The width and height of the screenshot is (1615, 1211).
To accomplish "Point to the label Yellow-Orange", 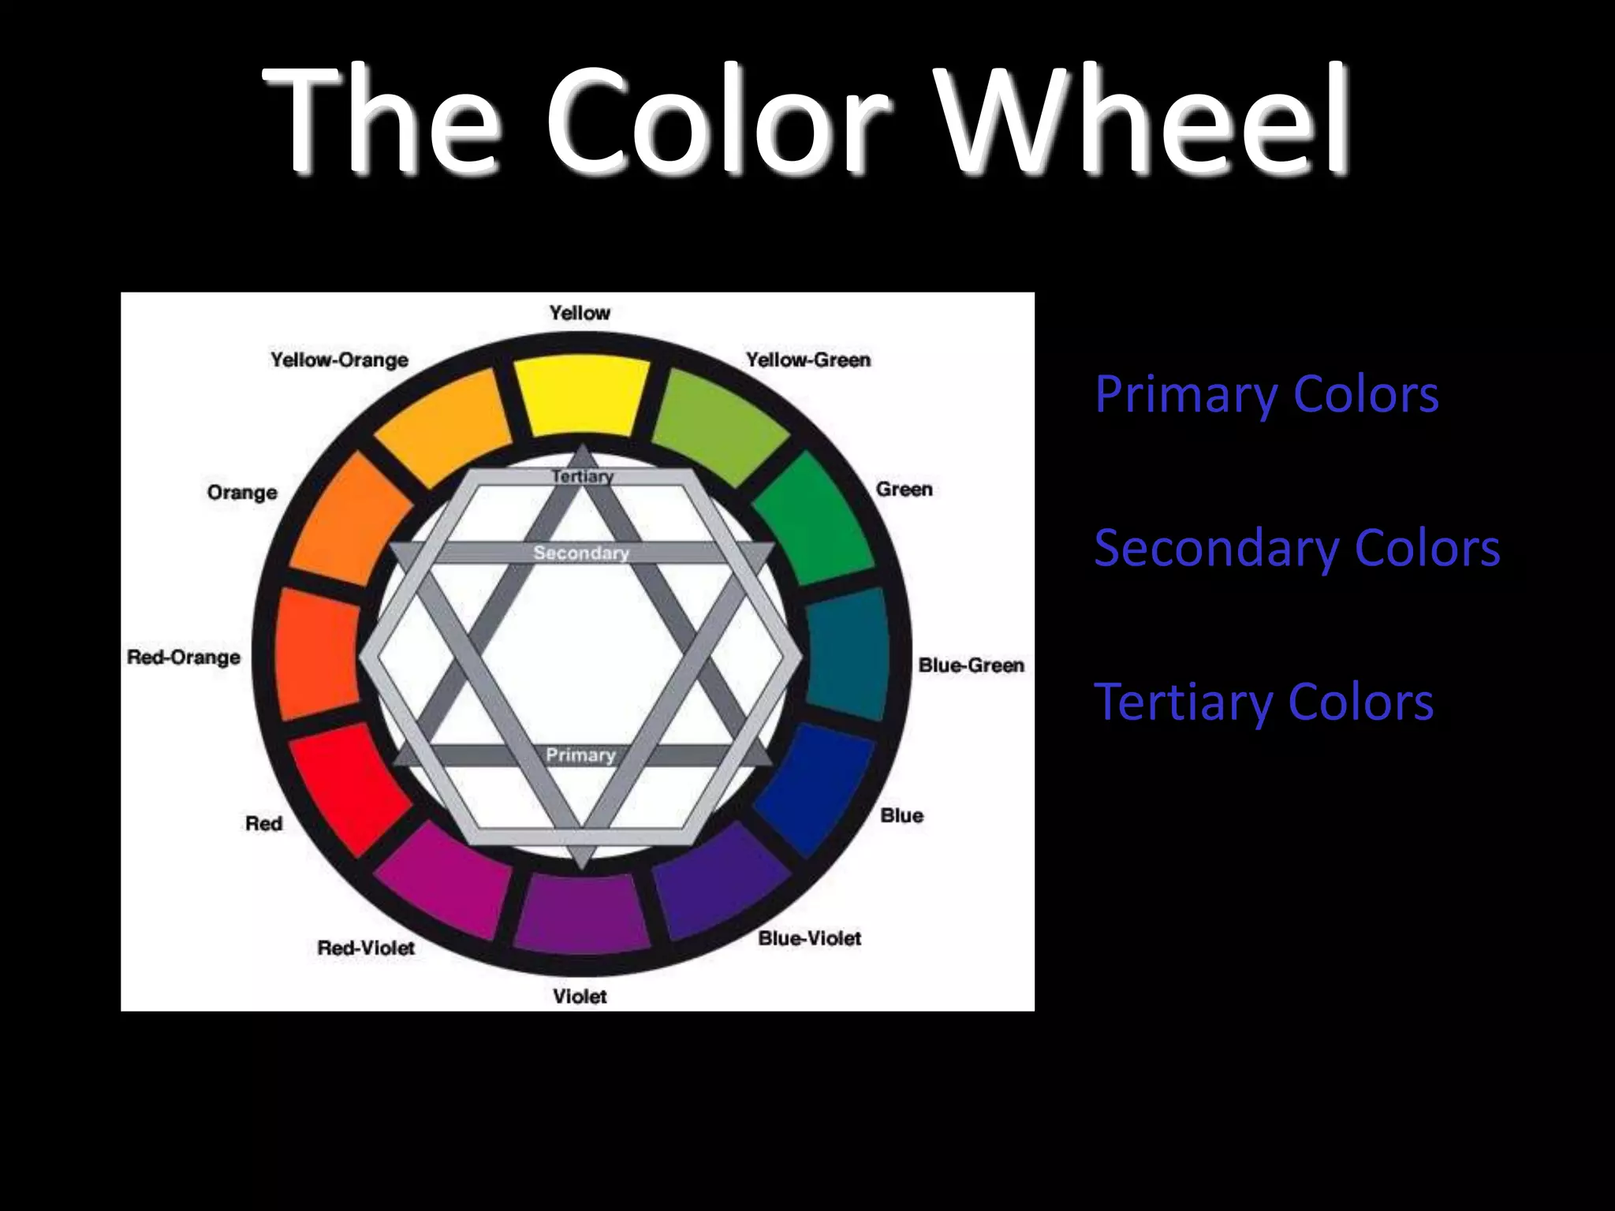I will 339,360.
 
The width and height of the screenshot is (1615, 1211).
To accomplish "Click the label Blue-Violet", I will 809,938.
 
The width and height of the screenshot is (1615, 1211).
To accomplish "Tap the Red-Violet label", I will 366,948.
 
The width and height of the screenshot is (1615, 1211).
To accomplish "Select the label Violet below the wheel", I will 580,997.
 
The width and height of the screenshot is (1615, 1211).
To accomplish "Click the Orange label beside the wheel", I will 242,493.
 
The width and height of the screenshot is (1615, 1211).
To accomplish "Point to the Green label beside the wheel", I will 904,490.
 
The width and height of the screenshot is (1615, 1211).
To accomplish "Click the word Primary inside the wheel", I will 580,755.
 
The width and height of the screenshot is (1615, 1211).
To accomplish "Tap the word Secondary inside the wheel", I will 581,553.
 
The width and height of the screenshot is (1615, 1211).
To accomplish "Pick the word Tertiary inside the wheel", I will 582,477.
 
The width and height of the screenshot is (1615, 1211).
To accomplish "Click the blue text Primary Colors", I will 1266,394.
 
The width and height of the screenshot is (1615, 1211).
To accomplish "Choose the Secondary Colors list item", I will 1296,548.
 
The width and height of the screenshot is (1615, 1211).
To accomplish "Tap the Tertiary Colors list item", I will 1263,702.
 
